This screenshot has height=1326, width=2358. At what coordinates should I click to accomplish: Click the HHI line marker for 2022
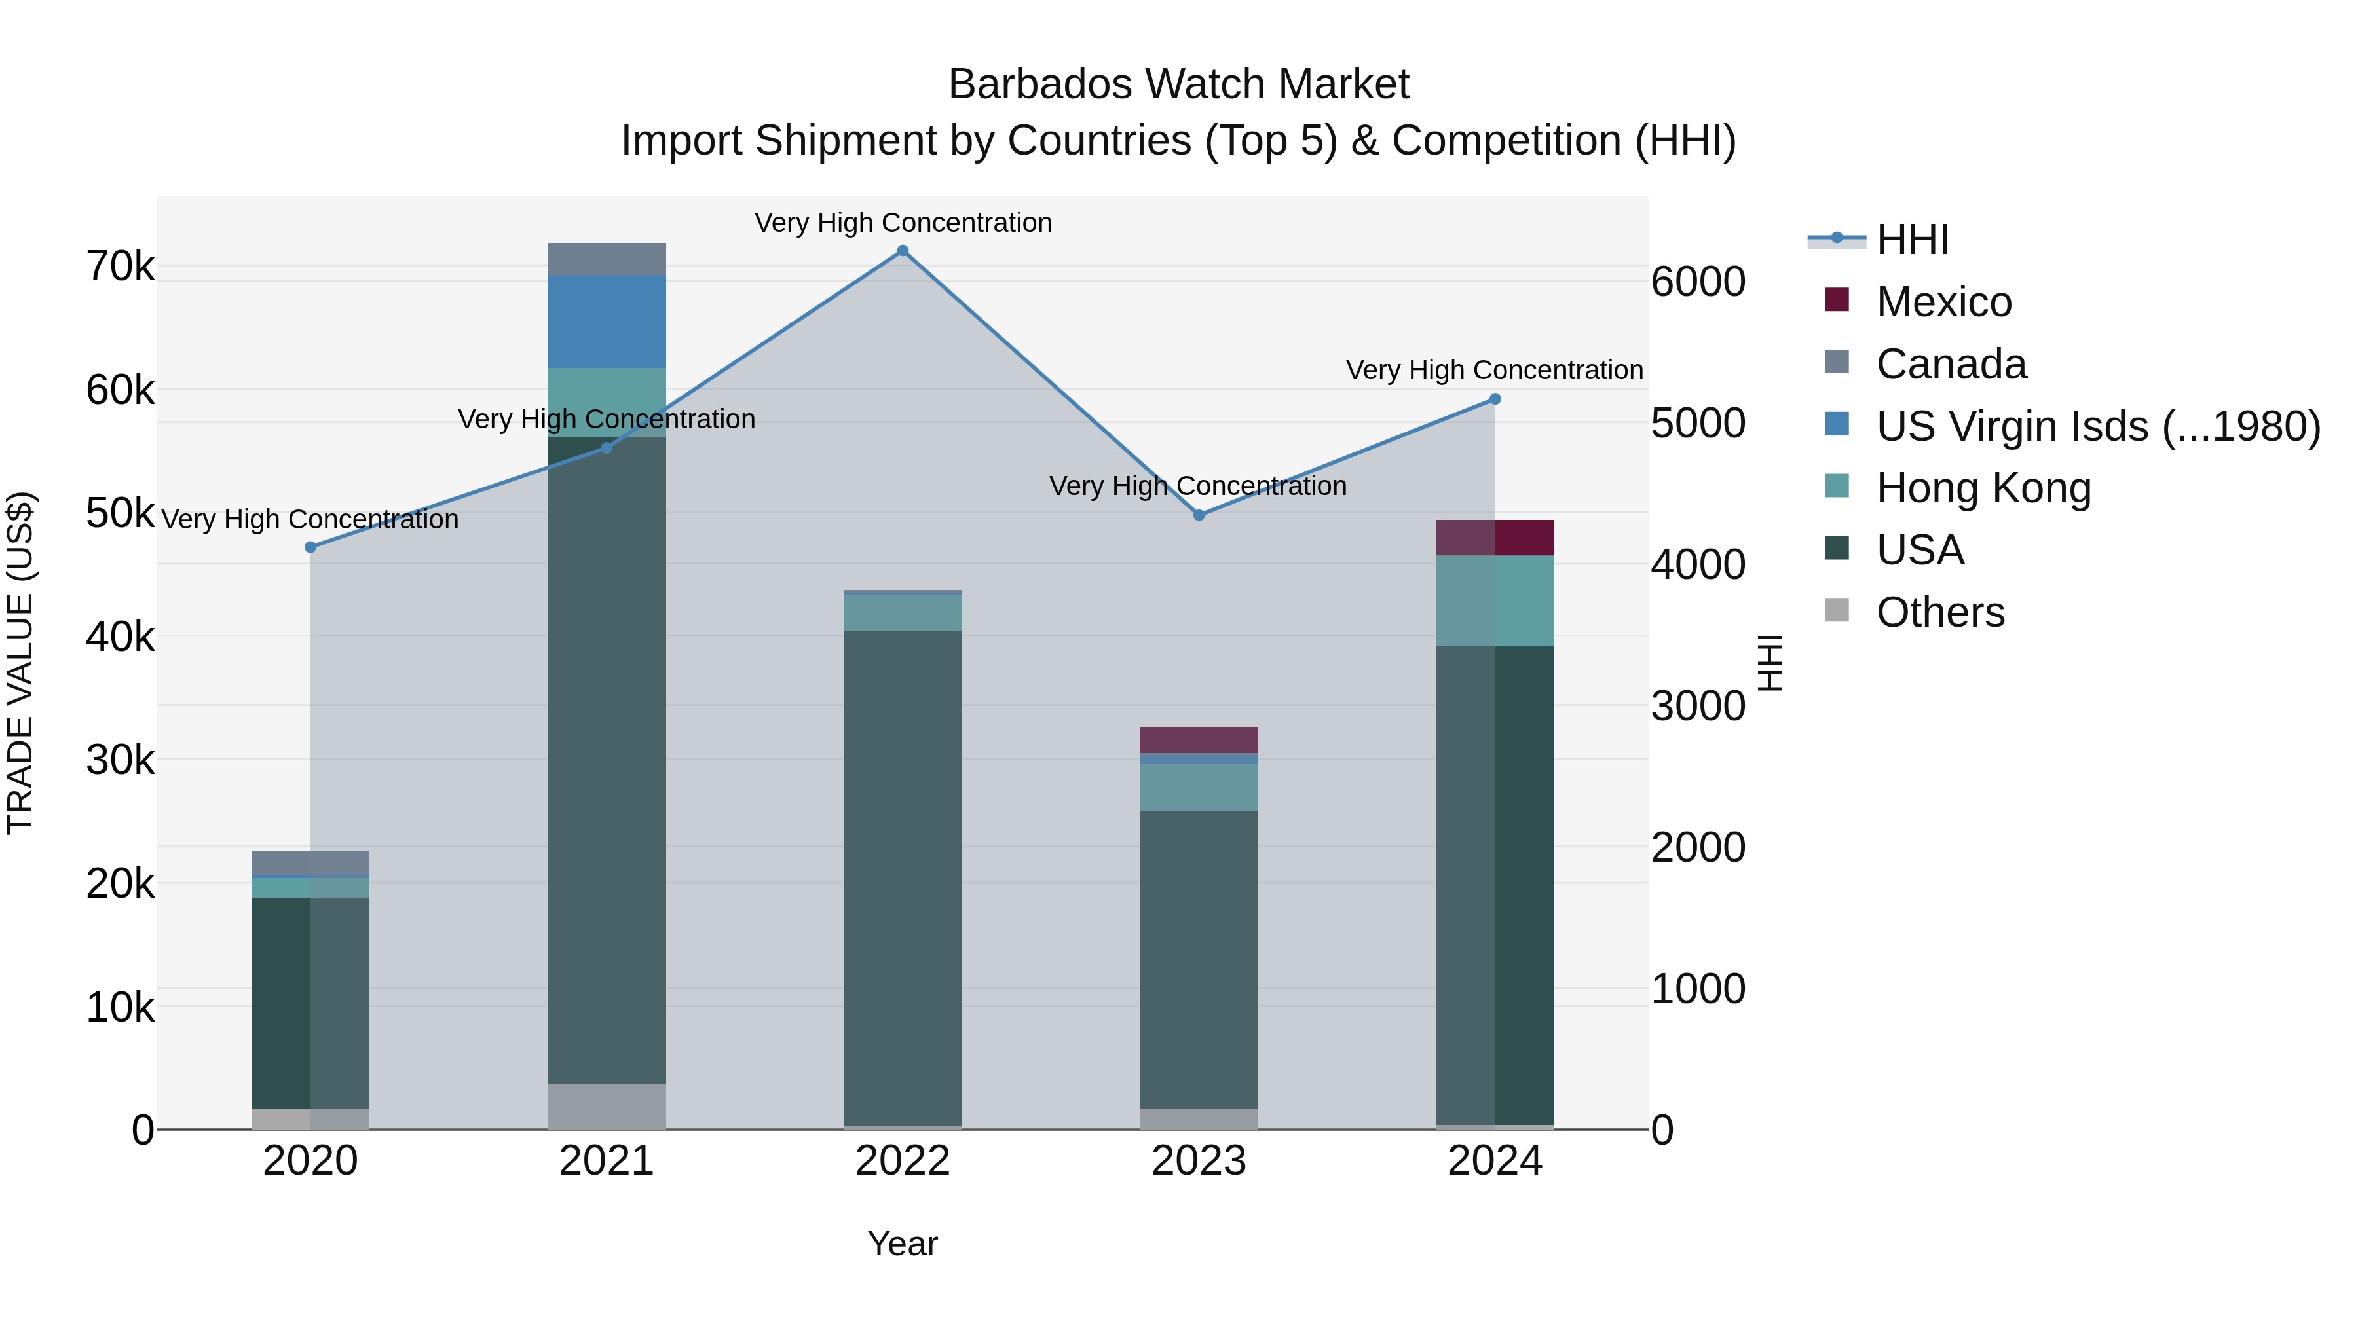[x=903, y=251]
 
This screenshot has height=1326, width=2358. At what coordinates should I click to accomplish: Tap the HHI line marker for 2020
[x=310, y=547]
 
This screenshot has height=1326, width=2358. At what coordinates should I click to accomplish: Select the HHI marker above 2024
[x=1495, y=399]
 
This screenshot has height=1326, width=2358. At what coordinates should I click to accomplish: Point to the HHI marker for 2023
[x=1199, y=515]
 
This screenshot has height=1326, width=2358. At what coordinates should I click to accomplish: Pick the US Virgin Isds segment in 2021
[x=606, y=322]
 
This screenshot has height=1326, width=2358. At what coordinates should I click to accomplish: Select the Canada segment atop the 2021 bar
[x=606, y=259]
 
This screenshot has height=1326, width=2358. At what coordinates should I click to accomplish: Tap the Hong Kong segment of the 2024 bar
[x=1495, y=600]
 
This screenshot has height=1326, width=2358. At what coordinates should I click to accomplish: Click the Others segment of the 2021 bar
[x=606, y=1107]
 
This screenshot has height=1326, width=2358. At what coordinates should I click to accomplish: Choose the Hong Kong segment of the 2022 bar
[x=903, y=612]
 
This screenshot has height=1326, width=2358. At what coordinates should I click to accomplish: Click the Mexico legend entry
[x=1943, y=302]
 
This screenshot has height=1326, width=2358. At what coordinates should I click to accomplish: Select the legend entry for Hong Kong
[x=1983, y=488]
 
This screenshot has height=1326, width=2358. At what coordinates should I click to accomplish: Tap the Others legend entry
[x=1939, y=612]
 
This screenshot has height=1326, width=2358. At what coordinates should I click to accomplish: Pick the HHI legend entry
[x=1911, y=240]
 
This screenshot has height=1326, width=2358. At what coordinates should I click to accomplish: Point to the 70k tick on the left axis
[x=120, y=267]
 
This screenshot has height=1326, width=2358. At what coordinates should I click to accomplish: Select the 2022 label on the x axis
[x=903, y=1161]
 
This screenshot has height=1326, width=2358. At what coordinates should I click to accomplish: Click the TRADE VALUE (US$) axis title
[x=20, y=663]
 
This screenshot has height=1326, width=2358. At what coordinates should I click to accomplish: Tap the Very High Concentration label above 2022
[x=903, y=223]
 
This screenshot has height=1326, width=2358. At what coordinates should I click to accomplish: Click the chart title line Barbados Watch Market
[x=1178, y=84]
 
